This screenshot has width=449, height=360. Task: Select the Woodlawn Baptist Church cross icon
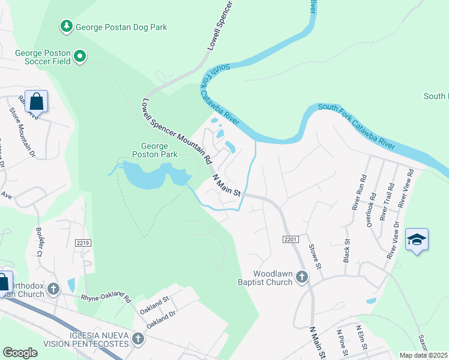[x=301, y=277]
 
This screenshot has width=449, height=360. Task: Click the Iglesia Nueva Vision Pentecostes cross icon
[x=137, y=339]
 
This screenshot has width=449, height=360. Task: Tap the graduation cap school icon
[x=417, y=240]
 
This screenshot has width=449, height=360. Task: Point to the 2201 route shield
[x=291, y=239]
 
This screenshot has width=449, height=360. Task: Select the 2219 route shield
[x=83, y=243]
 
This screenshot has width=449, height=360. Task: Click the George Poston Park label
[x=159, y=150]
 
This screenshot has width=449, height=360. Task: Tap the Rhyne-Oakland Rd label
[x=106, y=297]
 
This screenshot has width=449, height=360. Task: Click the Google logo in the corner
[x=20, y=352]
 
